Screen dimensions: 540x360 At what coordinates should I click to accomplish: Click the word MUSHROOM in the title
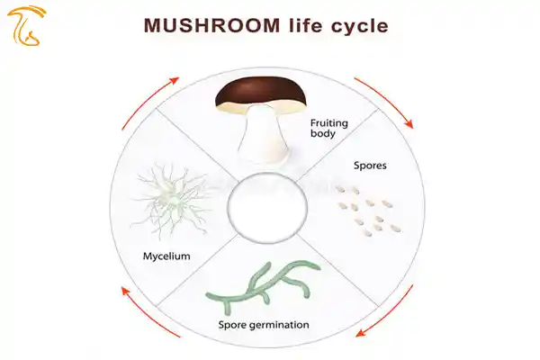tap(211, 25)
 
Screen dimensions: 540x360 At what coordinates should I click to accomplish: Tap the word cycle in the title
tap(359, 26)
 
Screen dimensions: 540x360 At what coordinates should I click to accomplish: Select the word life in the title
tap(305, 25)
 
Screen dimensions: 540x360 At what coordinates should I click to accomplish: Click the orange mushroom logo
tap(26, 26)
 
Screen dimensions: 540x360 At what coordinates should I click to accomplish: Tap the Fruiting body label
tap(328, 128)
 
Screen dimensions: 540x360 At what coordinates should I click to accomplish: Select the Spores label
tap(370, 166)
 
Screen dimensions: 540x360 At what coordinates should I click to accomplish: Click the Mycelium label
tap(166, 256)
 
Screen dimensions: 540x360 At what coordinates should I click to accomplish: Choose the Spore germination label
tap(264, 325)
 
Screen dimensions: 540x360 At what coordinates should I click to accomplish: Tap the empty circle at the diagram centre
tap(267, 207)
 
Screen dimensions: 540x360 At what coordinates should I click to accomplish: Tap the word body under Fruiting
tap(323, 134)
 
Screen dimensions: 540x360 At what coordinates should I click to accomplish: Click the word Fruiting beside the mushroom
tap(328, 123)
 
